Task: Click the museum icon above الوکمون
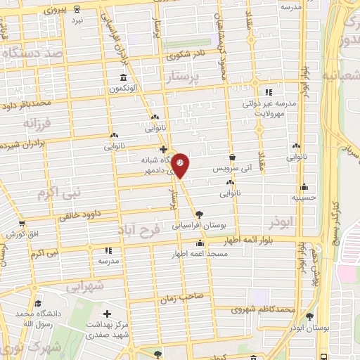tap(123, 78)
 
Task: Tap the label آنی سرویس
tap(232, 170)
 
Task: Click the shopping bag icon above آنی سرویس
tap(233, 157)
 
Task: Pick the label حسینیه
tap(304, 198)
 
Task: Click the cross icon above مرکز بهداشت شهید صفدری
tap(107, 314)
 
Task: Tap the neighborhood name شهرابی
tap(86, 287)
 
